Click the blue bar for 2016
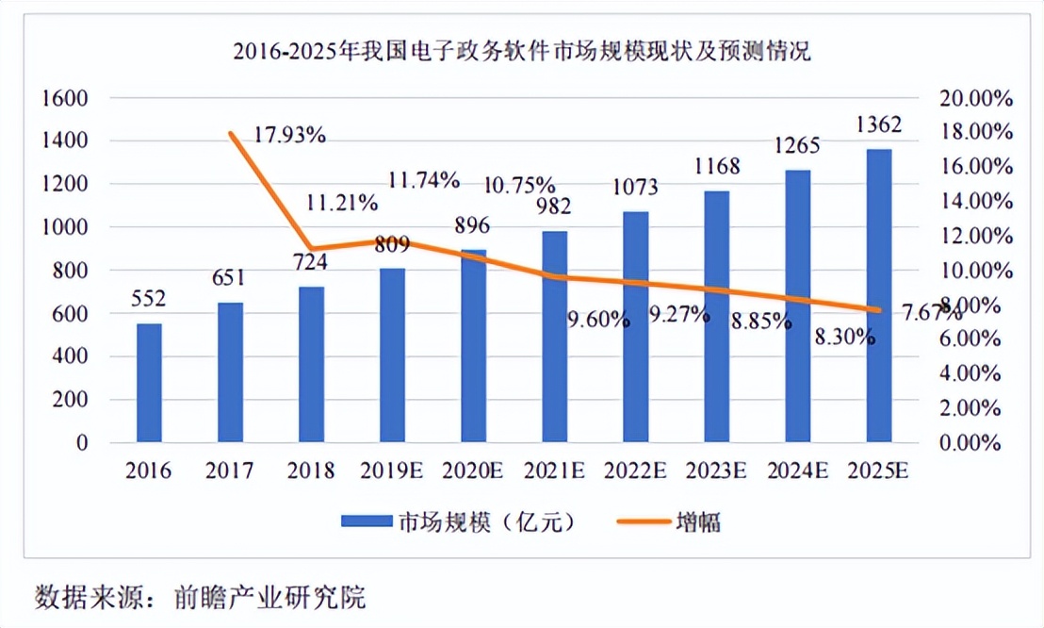pos(149,383)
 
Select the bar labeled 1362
pos(878,295)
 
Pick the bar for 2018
pos(311,364)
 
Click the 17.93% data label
pos(289,135)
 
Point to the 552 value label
pos(149,300)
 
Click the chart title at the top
pos(521,52)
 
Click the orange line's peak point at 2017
pos(230,134)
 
